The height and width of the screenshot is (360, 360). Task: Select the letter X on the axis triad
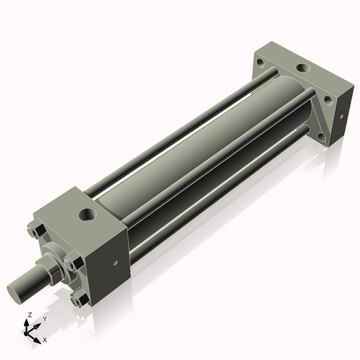click(45, 338)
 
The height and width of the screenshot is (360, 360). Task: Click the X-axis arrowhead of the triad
click(39, 337)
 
